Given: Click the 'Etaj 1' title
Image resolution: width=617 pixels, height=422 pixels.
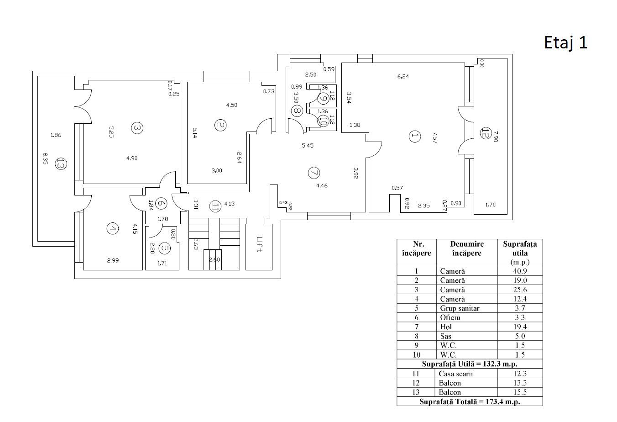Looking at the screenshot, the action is (565, 43).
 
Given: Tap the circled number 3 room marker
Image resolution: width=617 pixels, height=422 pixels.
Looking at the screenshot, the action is (137, 128).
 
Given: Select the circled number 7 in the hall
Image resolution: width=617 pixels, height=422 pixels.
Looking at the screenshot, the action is (314, 173).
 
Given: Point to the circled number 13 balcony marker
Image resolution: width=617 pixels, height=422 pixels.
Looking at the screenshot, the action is (61, 164).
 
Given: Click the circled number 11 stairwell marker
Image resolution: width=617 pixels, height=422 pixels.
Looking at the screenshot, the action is (215, 206).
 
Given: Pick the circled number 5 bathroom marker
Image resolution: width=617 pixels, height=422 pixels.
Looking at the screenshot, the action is (164, 248).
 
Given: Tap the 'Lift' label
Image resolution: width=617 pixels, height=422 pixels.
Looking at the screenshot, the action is (259, 244).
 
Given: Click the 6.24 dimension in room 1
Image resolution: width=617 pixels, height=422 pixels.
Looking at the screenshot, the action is (403, 76).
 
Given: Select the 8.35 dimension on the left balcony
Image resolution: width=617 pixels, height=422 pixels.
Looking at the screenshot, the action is (45, 159).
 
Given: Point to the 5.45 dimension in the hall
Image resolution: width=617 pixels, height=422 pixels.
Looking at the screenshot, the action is (308, 145).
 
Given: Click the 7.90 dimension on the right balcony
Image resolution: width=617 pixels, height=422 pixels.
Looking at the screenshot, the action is (496, 136).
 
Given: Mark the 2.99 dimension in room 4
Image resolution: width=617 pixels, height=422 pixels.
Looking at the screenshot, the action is (113, 260).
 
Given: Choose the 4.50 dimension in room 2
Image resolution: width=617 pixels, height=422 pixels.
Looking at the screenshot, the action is (231, 105).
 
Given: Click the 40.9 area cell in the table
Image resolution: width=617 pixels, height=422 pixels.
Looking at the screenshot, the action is (520, 271).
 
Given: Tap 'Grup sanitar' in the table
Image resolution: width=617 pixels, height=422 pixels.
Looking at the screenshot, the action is (460, 308).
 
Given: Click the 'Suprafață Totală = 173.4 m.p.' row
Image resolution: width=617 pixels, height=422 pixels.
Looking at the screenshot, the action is (470, 401).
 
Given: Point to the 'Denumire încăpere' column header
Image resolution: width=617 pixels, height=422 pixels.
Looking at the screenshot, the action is (467, 248).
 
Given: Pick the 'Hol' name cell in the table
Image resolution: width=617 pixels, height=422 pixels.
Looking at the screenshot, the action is (446, 327).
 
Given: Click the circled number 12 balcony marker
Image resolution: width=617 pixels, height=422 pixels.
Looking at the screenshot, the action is (486, 133).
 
